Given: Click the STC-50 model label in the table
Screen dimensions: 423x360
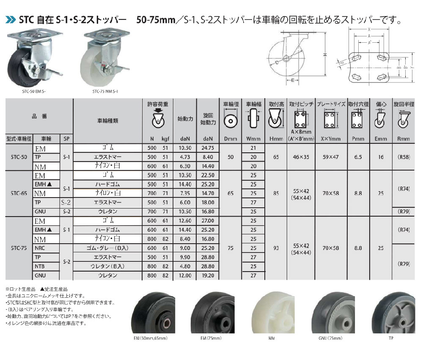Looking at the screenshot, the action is pyautogui.click(x=19, y=157).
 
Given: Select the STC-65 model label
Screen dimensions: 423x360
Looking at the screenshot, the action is pyautogui.click(x=19, y=193).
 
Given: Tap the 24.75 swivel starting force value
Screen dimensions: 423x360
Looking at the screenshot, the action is pyautogui.click(x=208, y=148).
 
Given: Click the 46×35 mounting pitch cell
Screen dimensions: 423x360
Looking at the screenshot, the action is pyautogui.click(x=301, y=157).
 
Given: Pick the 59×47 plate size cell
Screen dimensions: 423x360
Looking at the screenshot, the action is pyautogui.click(x=331, y=157).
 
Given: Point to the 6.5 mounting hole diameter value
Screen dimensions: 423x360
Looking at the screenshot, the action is pyautogui.click(x=358, y=157).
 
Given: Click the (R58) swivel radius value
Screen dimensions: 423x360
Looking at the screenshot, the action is pyautogui.click(x=404, y=157).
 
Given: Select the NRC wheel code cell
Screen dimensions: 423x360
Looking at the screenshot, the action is pyautogui.click(x=40, y=248).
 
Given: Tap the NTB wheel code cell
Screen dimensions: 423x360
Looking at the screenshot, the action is pyautogui.click(x=39, y=267).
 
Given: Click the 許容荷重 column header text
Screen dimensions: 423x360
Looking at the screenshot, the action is pyautogui.click(x=158, y=104).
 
